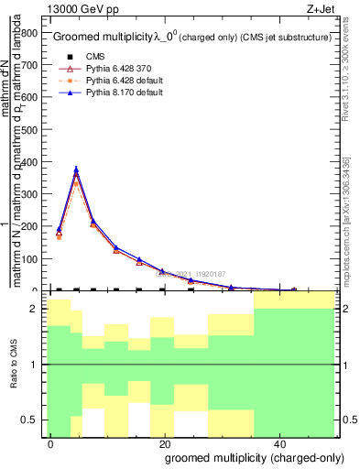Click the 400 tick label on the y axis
pyautogui.click(x=29, y=162)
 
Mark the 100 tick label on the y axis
pyautogui.click(x=29, y=259)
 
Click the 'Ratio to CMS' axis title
pyautogui.click(x=14, y=364)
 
